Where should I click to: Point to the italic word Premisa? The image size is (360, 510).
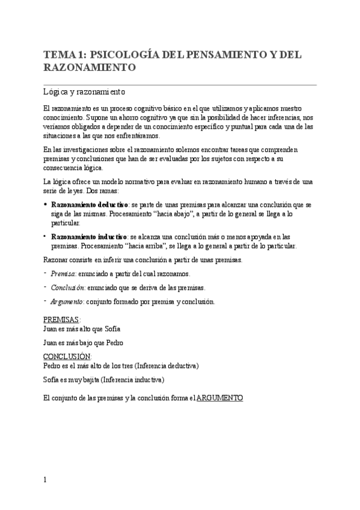coord(63,274)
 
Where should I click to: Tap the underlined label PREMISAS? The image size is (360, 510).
coord(62,319)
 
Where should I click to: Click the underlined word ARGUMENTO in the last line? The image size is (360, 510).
coord(219,398)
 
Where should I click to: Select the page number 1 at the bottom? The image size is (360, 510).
coord(45,479)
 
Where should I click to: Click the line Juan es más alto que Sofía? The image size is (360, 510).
coord(82,328)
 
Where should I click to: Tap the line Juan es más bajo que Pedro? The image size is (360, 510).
coord(83,343)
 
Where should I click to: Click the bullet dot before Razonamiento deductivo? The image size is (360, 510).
coord(46,205)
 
